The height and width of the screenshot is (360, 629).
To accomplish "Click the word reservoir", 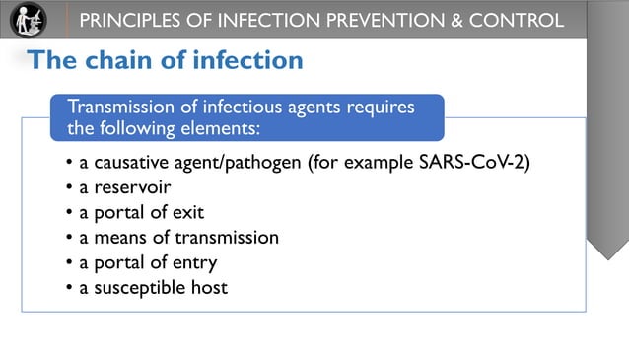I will (132, 187).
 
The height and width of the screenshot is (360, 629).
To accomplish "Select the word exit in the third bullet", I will (189, 212).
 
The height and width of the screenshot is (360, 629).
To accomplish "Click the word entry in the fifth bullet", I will (195, 262).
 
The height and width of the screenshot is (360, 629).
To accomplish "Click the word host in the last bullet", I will (209, 287).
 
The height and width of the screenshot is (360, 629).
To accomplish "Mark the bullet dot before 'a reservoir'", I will (69, 187).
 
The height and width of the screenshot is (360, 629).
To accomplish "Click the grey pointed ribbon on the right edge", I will (607, 158).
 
